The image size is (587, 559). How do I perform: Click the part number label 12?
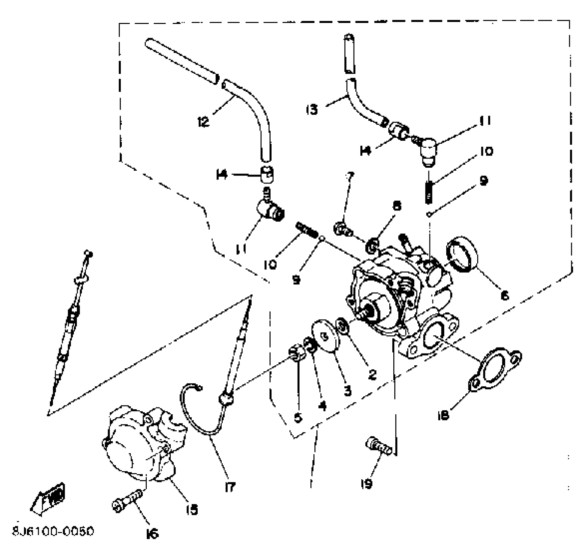203,122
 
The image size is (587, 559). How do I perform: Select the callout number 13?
312,109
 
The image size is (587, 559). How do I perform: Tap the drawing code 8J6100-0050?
53,531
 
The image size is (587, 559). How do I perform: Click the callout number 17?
230,487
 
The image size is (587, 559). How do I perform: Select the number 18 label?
443,416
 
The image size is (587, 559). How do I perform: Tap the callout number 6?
504,295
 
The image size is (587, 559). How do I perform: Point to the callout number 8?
397,206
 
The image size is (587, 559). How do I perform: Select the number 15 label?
192,510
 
